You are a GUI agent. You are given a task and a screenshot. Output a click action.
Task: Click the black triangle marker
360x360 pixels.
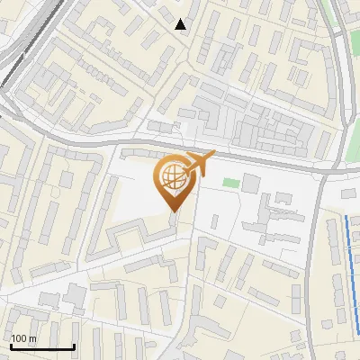[181, 24]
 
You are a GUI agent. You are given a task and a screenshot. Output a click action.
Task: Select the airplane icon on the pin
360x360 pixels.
[200, 163]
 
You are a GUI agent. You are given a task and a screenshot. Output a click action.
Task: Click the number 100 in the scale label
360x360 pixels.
[20, 338]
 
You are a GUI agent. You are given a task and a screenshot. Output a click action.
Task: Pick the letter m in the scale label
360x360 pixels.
[32, 338]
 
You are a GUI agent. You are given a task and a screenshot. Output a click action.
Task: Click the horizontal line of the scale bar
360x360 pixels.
[42, 346]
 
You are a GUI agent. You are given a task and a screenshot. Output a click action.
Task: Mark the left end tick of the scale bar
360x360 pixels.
[11, 345]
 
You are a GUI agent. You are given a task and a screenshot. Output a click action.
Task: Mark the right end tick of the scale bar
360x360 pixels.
[74, 345]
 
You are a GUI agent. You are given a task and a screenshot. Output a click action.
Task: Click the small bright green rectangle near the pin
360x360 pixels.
[231, 184]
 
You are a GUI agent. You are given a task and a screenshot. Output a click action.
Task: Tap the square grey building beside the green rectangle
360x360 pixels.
[250, 184]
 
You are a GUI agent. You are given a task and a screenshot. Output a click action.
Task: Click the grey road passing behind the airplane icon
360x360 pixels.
[234, 156]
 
